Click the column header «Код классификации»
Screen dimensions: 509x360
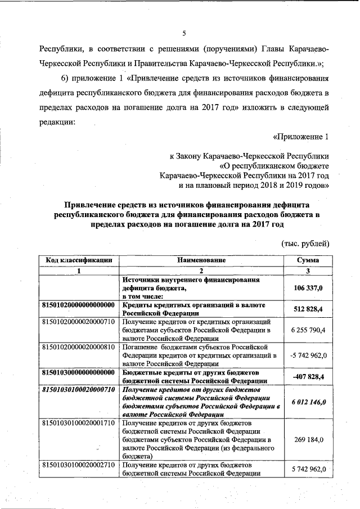79,260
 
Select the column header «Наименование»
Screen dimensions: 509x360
201,260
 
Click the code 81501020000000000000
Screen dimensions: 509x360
79,304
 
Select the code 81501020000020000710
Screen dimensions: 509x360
79,321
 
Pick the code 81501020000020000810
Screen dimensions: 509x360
79,346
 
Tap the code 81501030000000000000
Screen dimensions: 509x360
79,372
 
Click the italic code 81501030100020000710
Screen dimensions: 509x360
79,389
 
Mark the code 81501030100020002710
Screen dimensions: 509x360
79,466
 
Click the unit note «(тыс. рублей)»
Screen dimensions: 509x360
305,243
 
